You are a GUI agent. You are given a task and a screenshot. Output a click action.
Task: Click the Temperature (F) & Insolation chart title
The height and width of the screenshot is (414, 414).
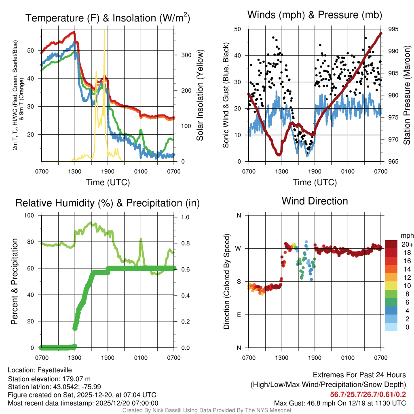[108, 18]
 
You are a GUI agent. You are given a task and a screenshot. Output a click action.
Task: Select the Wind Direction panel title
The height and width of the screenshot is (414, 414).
[315, 201]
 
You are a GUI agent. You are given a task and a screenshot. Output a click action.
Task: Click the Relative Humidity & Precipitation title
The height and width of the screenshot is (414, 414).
[108, 203]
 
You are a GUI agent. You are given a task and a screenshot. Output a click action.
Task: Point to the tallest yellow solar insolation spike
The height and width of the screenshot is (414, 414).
[104, 32]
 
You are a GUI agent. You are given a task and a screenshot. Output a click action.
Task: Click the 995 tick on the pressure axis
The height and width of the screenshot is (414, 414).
[393, 29]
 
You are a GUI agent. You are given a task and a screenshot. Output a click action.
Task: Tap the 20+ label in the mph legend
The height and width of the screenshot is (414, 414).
[407, 244]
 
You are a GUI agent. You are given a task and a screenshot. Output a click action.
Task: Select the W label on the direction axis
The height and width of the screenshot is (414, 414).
[239, 248]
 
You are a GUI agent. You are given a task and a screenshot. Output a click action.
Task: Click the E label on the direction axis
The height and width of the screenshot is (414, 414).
[239, 315]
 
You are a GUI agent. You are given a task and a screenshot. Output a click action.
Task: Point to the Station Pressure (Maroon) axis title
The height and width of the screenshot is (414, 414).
[407, 95]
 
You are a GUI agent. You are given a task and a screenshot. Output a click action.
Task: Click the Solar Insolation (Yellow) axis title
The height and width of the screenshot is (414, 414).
[200, 95]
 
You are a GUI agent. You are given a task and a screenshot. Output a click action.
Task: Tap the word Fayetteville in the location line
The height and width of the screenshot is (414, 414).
[55, 370]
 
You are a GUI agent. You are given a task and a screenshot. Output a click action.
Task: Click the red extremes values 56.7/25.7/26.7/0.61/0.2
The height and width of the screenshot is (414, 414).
[368, 395]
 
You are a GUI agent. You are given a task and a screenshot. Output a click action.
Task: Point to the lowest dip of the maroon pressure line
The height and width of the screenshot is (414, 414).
[279, 154]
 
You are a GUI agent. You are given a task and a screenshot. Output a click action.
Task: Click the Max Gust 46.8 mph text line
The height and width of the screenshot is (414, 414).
[340, 403]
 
